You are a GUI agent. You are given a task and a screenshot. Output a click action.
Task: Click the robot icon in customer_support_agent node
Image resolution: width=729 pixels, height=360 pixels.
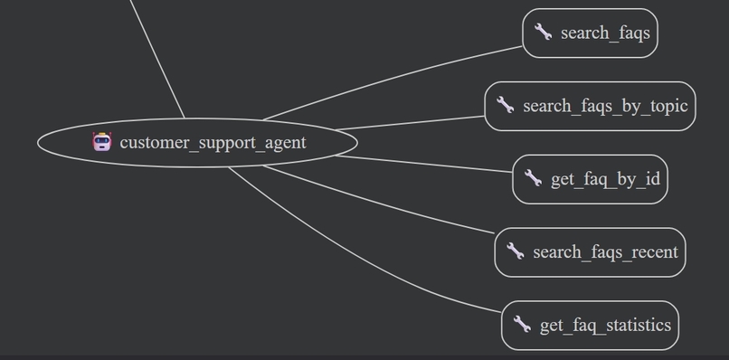click(102, 142)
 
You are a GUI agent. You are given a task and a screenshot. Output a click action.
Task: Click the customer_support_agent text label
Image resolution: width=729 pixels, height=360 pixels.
click(213, 143)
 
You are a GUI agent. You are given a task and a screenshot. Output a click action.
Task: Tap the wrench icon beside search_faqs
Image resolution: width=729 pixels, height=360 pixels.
click(543, 33)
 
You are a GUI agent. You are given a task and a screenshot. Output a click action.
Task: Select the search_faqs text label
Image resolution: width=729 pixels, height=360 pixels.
click(605, 33)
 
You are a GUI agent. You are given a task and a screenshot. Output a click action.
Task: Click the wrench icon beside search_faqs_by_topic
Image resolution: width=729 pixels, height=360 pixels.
click(505, 106)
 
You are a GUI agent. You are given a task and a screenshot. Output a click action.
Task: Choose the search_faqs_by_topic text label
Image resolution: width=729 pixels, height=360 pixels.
click(605, 107)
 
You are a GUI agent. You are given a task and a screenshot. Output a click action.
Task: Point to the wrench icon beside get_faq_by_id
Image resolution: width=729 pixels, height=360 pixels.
click(533, 179)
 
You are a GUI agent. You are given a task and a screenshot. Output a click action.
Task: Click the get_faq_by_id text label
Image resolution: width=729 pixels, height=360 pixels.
click(605, 180)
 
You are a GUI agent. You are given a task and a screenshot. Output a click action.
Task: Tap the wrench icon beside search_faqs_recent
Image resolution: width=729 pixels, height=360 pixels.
click(515, 251)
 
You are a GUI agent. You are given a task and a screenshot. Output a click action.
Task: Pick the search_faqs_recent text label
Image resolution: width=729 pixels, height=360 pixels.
click(605, 252)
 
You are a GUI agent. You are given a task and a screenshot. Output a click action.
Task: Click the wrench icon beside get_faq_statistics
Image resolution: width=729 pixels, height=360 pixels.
click(522, 324)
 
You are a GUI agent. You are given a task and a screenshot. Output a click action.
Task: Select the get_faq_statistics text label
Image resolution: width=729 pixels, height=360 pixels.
click(605, 326)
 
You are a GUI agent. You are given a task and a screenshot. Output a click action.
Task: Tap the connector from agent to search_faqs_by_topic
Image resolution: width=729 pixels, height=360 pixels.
click(407, 123)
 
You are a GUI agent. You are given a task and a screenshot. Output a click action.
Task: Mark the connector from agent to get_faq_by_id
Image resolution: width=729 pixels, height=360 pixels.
click(425, 163)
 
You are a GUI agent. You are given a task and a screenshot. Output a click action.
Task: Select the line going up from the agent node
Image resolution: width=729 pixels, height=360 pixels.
click(158, 59)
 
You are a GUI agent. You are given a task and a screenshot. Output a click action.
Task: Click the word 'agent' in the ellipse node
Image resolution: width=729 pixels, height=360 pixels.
click(285, 143)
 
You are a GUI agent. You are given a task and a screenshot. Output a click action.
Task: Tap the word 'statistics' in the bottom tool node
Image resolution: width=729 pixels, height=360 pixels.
click(638, 326)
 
